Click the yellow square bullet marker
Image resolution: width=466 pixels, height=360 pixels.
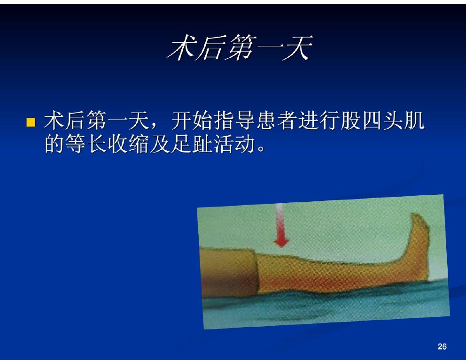tap(31, 123)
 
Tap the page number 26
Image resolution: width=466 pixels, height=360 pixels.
tap(442, 346)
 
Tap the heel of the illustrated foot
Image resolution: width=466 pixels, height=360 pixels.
tap(424, 275)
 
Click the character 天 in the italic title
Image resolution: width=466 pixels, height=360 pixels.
tap(297, 47)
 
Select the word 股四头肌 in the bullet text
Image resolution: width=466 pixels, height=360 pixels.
tap(383, 121)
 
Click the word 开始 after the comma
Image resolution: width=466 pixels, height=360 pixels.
tap(192, 121)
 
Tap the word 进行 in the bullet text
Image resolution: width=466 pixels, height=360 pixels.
tap(319, 121)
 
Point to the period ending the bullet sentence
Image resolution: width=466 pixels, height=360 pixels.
tap(261, 148)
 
